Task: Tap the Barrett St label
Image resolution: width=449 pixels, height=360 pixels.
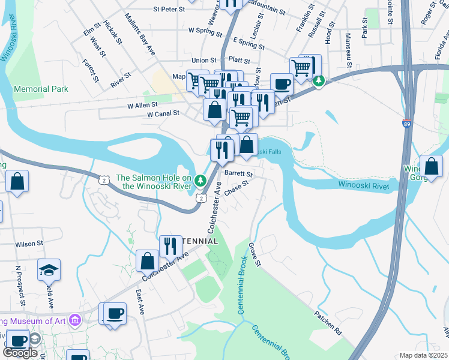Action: [239, 173]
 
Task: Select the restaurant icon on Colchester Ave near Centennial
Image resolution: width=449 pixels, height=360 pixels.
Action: [170, 246]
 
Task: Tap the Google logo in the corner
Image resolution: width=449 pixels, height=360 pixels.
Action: [20, 353]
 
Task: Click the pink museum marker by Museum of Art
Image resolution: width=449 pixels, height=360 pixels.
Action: [75, 320]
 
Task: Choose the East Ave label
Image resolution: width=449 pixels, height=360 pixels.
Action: [140, 302]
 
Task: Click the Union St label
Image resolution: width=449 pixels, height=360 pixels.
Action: [203, 61]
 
